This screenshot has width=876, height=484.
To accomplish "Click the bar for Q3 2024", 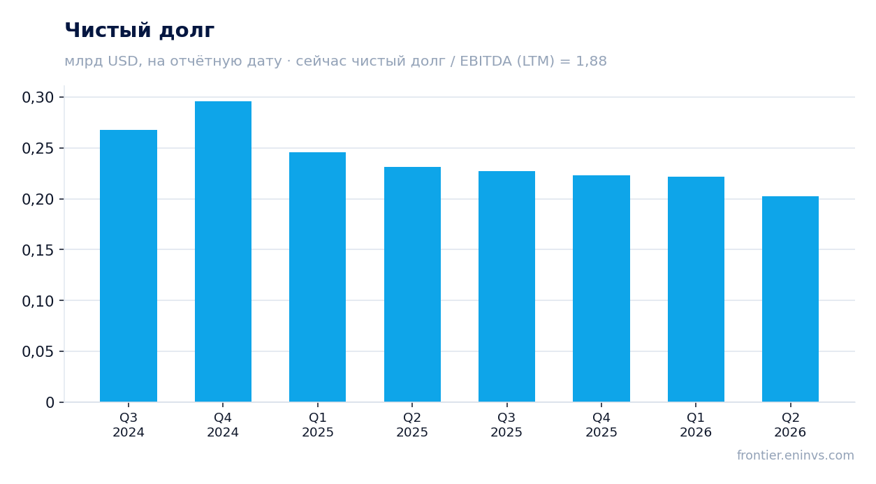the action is click(x=129, y=266).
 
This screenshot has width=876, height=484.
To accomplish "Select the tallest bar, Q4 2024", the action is click(x=223, y=251).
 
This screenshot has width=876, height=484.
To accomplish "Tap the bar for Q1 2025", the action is click(x=318, y=277).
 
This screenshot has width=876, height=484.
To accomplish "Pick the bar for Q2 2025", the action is click(x=412, y=284).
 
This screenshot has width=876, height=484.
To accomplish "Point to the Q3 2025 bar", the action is click(x=507, y=286).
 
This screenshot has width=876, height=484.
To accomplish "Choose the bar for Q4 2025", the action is click(x=601, y=288).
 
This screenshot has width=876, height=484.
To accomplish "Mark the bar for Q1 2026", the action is click(x=696, y=289).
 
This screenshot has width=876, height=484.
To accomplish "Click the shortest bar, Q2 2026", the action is click(x=790, y=299).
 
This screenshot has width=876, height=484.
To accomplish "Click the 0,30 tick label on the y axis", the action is click(x=38, y=97).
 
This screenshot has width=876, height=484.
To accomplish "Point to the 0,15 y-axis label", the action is click(x=38, y=250).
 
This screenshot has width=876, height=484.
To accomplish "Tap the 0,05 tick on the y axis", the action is click(x=38, y=352).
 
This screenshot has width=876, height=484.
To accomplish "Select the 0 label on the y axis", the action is click(x=50, y=403).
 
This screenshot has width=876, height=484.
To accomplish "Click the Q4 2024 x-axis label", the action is click(x=223, y=425).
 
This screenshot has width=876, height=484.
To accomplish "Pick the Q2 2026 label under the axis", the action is click(x=790, y=425).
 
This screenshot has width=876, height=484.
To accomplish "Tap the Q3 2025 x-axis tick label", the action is click(x=507, y=425).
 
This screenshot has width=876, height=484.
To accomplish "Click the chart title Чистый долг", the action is click(x=140, y=31).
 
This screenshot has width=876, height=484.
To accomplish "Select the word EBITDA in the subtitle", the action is click(x=486, y=61).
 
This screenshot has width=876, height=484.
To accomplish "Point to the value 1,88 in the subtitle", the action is click(x=591, y=61).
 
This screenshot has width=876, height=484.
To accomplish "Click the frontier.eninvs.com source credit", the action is click(x=796, y=455).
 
